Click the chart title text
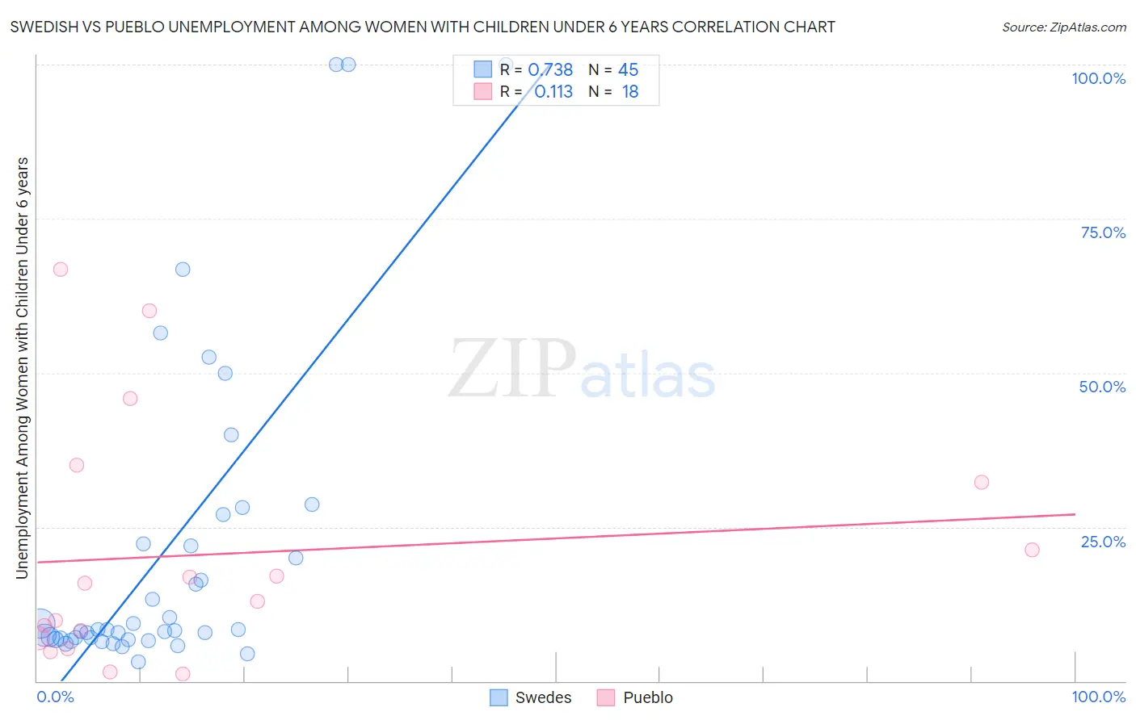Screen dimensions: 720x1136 tap(423, 27)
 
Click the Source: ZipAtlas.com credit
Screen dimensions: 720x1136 tap(1063, 27)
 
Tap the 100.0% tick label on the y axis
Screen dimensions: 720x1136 tap(1098, 78)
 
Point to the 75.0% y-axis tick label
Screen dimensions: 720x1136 tap(1103, 232)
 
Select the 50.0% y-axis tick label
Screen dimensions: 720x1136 tap(1102, 387)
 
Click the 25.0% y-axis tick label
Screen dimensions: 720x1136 tap(1103, 542)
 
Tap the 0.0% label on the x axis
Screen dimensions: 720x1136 tap(56, 697)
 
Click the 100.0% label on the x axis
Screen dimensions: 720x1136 tap(1098, 697)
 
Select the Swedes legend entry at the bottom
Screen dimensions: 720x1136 tap(531, 697)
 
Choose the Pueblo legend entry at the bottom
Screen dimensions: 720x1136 tap(635, 697)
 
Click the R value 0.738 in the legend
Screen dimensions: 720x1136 tap(550, 70)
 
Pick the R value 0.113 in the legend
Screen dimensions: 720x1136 tap(553, 92)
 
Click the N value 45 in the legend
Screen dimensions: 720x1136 tap(628, 70)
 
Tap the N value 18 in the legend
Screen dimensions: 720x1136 tap(629, 92)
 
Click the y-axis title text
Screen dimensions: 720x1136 tap(23, 367)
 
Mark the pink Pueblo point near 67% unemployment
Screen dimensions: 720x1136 tap(61, 270)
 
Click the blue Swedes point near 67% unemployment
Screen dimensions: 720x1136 tap(183, 270)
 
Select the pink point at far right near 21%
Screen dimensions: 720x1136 tap(1032, 550)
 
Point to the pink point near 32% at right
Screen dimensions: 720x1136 tap(982, 483)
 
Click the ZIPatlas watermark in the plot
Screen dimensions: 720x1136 tap(582, 370)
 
